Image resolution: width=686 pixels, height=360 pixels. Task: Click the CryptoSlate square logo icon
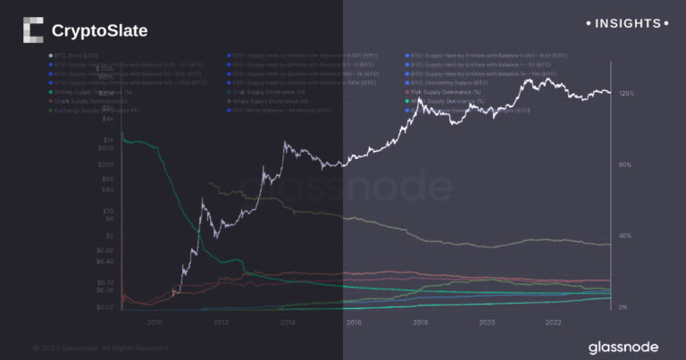click(32, 30)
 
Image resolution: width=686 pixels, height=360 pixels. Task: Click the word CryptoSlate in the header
click(100, 31)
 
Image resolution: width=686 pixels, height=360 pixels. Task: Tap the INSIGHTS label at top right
click(629, 22)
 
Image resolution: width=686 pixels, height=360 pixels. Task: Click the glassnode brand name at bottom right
click(623, 346)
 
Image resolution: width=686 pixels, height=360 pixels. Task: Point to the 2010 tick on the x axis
click(154, 322)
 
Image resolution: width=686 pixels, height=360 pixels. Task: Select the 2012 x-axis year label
click(221, 322)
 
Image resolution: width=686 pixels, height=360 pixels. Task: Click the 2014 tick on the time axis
click(287, 322)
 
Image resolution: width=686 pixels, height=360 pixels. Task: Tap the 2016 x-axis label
click(354, 322)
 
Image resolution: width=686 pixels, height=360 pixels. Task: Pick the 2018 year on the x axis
click(420, 322)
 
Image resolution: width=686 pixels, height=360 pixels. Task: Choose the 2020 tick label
click(487, 322)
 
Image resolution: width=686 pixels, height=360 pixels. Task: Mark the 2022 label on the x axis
click(553, 322)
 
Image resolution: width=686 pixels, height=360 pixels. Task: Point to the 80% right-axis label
click(624, 164)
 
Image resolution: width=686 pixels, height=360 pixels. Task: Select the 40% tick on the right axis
click(624, 236)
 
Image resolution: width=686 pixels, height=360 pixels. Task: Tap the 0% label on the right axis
click(623, 306)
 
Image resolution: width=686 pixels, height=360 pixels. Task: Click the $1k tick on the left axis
click(108, 140)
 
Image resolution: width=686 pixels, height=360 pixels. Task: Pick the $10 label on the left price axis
click(107, 211)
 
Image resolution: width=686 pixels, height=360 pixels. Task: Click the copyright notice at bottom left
click(100, 347)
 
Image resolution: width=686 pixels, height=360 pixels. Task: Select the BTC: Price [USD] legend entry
click(80, 54)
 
